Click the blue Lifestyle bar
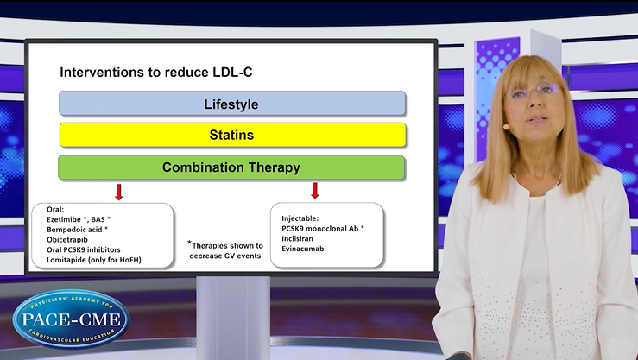tap(231, 104)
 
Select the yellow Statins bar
tap(231, 135)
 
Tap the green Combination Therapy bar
tap(231, 167)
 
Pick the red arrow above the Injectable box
tap(315, 191)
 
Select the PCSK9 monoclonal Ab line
tap(321, 228)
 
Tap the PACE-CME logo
tap(70, 319)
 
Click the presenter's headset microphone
tap(506, 126)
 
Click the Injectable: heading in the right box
tap(300, 218)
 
